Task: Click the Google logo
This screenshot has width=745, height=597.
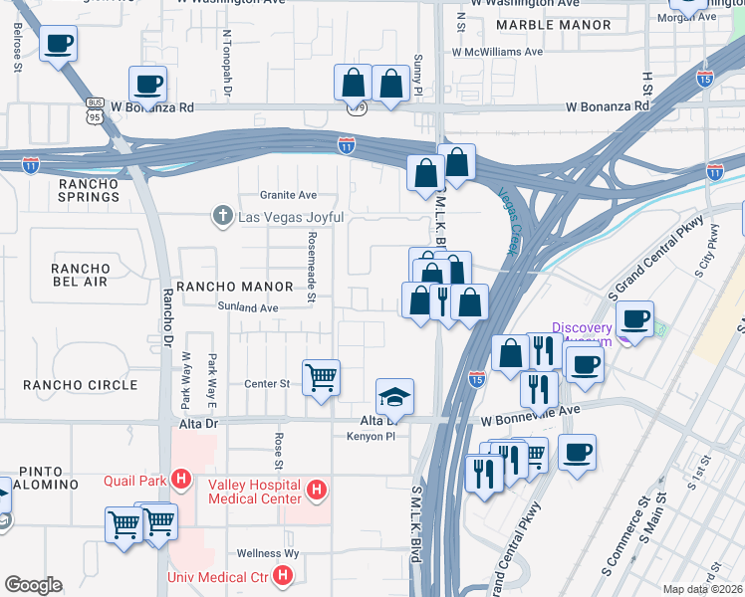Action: pos(33,585)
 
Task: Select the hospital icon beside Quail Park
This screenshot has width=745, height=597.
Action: pos(180,481)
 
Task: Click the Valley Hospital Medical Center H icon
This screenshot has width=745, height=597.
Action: pos(317,490)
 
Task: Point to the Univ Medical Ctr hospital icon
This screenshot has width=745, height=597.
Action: pos(283,576)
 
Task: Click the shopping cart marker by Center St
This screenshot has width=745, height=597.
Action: pos(321,377)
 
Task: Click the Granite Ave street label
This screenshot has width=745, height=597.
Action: pos(288,195)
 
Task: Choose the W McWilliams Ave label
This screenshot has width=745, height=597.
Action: pos(497,52)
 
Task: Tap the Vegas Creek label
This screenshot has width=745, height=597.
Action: pos(510,221)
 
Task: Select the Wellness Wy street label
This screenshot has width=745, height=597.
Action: pos(268,553)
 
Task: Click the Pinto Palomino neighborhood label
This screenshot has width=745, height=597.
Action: pos(47,477)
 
